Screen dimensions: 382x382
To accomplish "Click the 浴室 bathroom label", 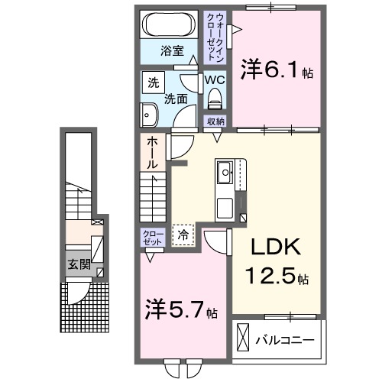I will point(172,51).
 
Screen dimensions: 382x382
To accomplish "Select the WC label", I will point(213,78).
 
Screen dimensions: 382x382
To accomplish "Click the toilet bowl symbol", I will point(214,97).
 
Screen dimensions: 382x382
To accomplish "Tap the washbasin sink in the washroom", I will point(148,116).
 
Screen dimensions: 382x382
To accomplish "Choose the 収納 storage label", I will point(214,121).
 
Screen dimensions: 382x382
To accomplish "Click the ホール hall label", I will point(151,151).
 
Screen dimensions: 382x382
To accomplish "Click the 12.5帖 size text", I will point(275,274).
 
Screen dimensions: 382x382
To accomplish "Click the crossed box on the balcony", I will point(244,337).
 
